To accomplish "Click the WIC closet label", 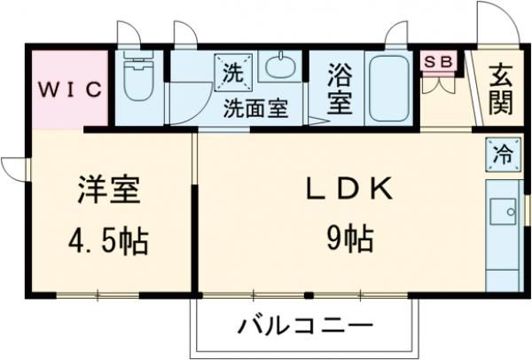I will pos(70,89).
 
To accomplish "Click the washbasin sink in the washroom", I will pos(281,69).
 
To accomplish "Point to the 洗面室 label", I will pos(255,110).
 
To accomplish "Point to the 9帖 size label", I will pos(348,238).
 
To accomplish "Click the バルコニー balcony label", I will pos(304,325).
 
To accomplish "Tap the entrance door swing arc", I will pos(489,20).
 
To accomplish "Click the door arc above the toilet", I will pos(130,34).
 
